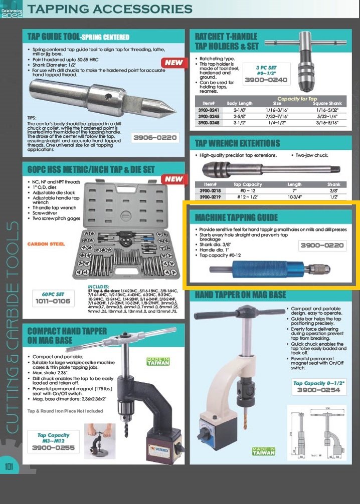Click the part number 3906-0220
pos(155,137)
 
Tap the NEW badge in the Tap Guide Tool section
pos(173,63)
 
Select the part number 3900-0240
pos(265,80)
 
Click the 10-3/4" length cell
pos(295,197)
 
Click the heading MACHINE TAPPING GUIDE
pos(236,217)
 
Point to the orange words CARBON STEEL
pos(46,244)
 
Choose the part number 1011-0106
pos(53,301)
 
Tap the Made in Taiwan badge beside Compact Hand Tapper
pos(158,361)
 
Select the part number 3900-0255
pos(53,447)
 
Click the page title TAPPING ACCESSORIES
pos(109,9)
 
